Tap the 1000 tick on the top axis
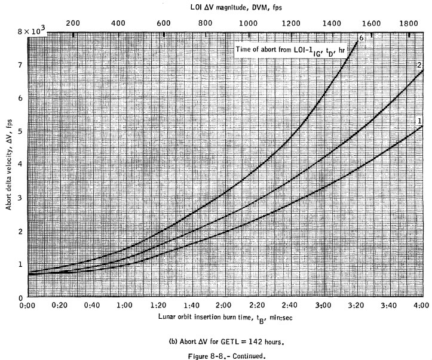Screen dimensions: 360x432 pyautogui.click(x=248, y=22)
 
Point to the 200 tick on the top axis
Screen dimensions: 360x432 pyautogui.click(x=73, y=22)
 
